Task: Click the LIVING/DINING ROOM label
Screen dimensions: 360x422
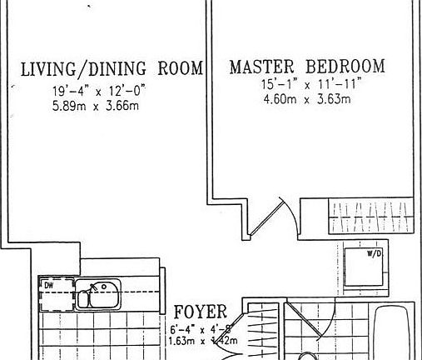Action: click(x=112, y=69)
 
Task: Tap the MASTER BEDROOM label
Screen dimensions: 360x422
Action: click(x=307, y=67)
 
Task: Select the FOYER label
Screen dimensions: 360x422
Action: click(x=201, y=312)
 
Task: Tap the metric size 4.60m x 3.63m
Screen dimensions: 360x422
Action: click(x=304, y=100)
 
